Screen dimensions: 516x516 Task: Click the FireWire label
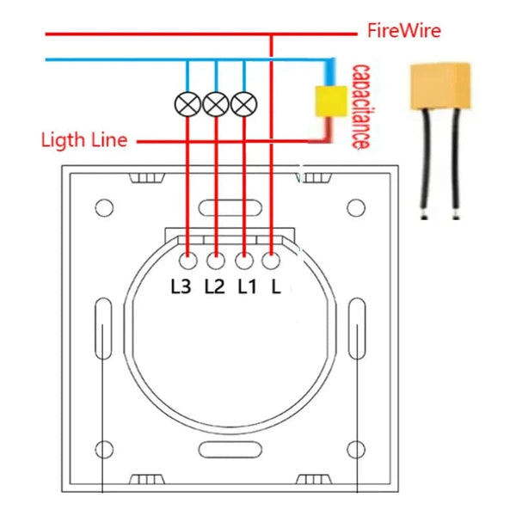pyautogui.click(x=404, y=31)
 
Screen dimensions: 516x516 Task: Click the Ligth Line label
pyautogui.click(x=84, y=140)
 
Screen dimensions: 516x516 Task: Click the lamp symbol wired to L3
pyautogui.click(x=187, y=104)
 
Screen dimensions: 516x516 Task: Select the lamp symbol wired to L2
pyautogui.click(x=216, y=104)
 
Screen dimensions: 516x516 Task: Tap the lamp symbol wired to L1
pyautogui.click(x=244, y=104)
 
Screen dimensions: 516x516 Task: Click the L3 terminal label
pyautogui.click(x=180, y=287)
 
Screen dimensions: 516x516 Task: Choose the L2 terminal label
pyautogui.click(x=214, y=287)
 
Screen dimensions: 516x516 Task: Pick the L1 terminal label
pyautogui.click(x=247, y=287)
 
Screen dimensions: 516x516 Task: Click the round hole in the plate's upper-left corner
pyautogui.click(x=104, y=207)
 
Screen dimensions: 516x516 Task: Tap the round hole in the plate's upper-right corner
pyautogui.click(x=356, y=207)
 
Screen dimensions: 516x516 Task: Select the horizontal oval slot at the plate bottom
pyautogui.click(x=230, y=450)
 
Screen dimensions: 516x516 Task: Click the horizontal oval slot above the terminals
pyautogui.click(x=230, y=207)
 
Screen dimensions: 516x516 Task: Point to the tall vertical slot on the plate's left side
pyautogui.click(x=101, y=331)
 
